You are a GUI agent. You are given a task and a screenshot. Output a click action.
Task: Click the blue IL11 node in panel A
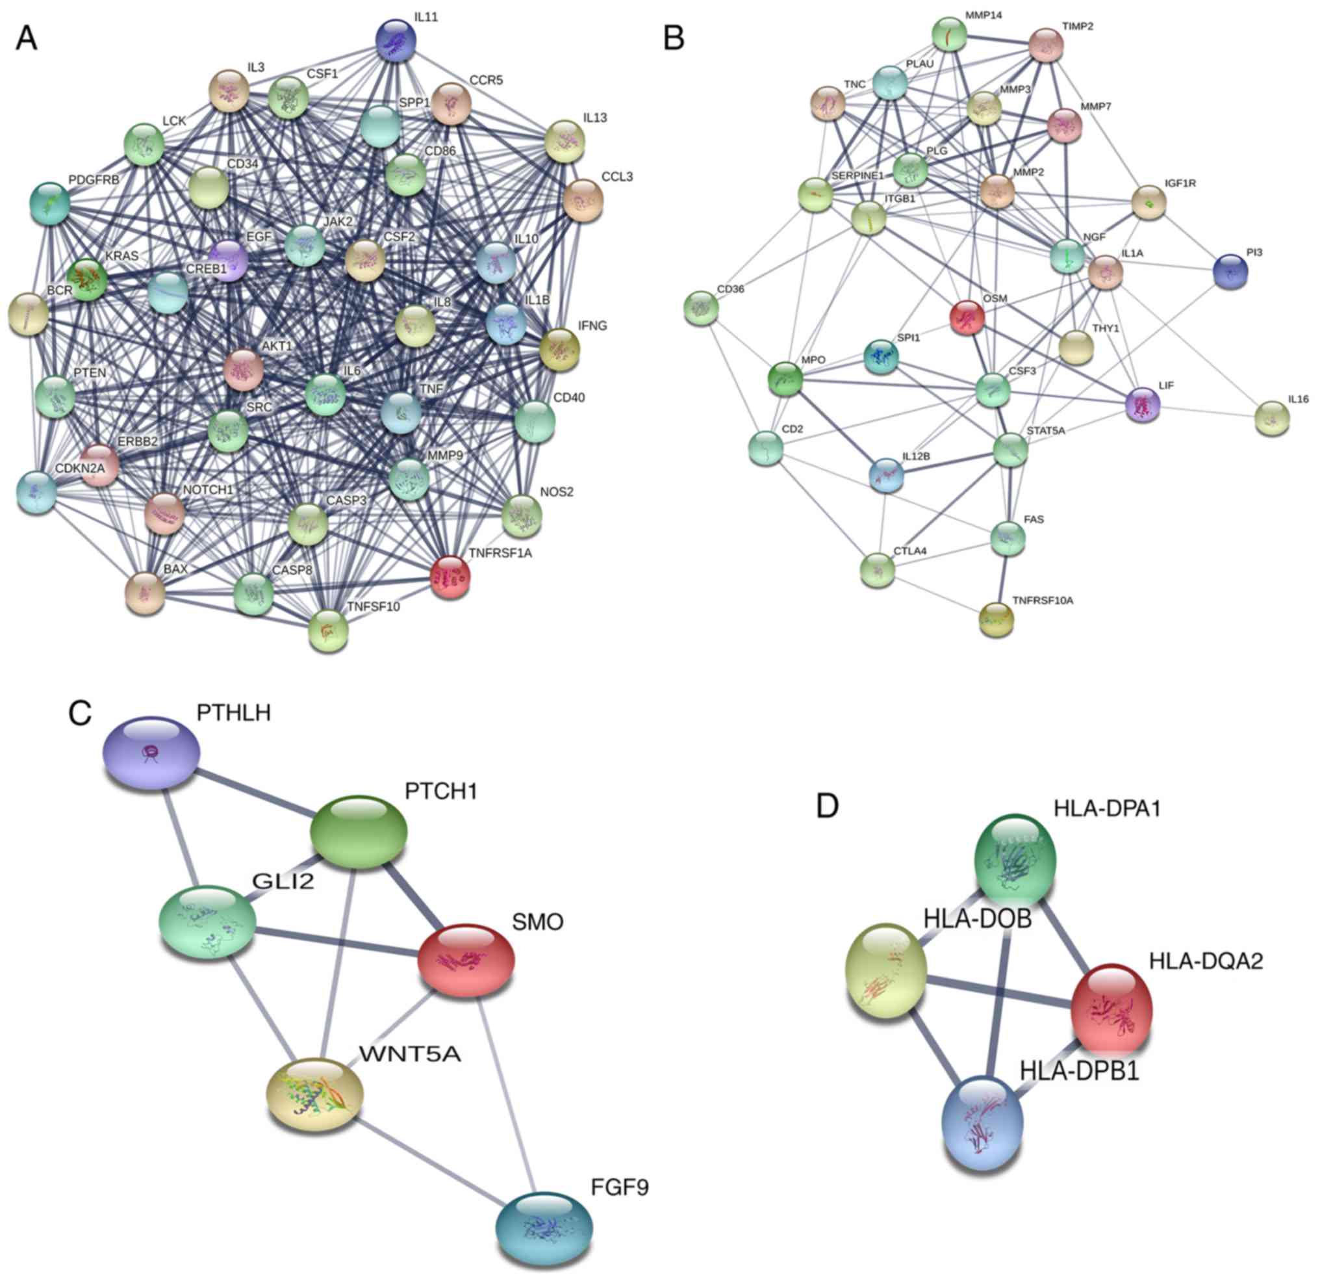[396, 42]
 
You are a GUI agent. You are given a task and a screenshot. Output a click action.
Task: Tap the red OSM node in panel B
[967, 317]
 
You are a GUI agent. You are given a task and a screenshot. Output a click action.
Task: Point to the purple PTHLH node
[150, 753]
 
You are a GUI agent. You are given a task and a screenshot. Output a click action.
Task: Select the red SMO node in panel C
[466, 959]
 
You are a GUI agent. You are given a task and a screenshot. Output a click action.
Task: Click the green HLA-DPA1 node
[1015, 859]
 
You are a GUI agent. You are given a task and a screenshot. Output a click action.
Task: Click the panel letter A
[26, 38]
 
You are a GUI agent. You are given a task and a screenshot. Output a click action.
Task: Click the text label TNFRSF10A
[1043, 600]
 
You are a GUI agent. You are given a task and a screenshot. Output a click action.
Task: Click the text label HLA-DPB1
[1079, 1072]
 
